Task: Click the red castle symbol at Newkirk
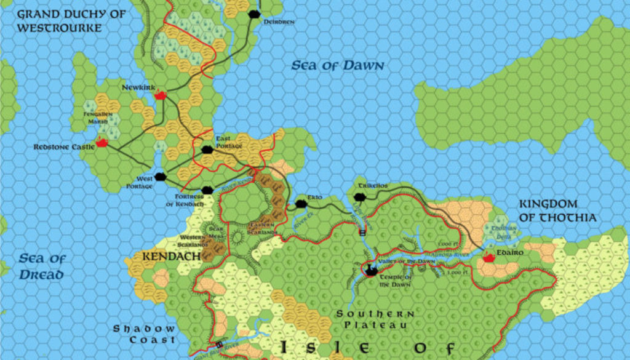pyautogui.click(x=161, y=95)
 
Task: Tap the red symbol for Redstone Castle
pyautogui.click(x=102, y=143)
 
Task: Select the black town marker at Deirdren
pyautogui.click(x=253, y=14)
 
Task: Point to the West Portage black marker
pyautogui.click(x=161, y=177)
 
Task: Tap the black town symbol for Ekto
pyautogui.click(x=301, y=204)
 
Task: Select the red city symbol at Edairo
pyautogui.click(x=490, y=258)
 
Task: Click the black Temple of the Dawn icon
pyautogui.click(x=372, y=269)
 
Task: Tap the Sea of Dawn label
pyautogui.click(x=337, y=65)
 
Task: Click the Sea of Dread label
pyautogui.click(x=42, y=266)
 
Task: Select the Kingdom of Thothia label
pyautogui.click(x=557, y=210)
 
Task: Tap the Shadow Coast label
pyautogui.click(x=144, y=334)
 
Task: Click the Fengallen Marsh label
pyautogui.click(x=98, y=118)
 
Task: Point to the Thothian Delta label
pyautogui.click(x=501, y=231)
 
